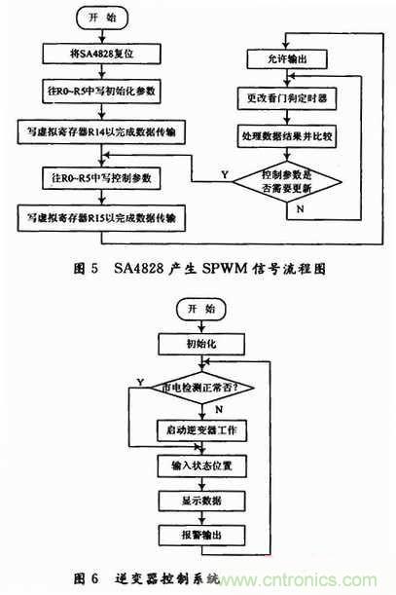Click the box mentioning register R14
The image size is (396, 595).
coord(108,130)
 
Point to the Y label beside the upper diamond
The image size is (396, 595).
coord(225,172)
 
